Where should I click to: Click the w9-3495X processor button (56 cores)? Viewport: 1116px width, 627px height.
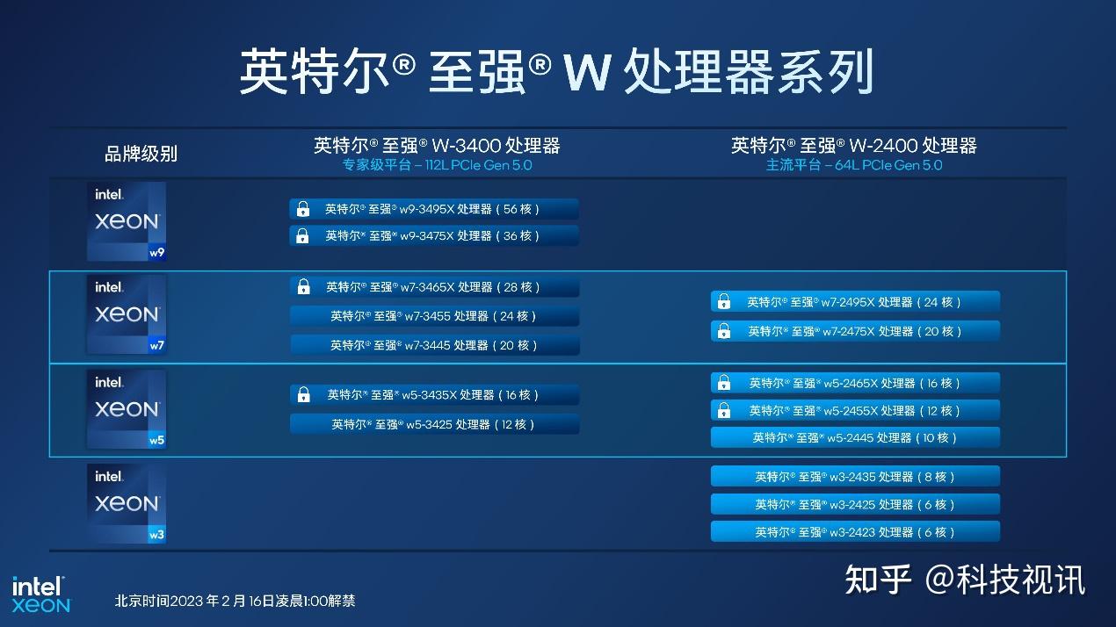pyautogui.click(x=434, y=209)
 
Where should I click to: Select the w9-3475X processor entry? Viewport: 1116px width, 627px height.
pyautogui.click(x=434, y=235)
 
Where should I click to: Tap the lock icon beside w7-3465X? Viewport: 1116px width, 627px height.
pyautogui.click(x=304, y=287)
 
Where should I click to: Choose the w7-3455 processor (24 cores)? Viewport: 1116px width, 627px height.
pyautogui.click(x=434, y=316)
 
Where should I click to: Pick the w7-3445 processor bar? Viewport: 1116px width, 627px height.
pyautogui.click(x=434, y=345)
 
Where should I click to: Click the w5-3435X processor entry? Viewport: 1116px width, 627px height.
pyautogui.click(x=434, y=395)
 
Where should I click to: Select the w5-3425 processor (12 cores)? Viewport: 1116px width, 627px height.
pyautogui.click(x=434, y=424)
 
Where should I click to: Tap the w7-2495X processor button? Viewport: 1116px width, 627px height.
pyautogui.click(x=855, y=302)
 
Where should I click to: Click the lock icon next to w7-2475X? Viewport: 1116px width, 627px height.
pyautogui.click(x=724, y=332)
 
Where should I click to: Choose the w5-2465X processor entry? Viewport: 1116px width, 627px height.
pyautogui.click(x=855, y=383)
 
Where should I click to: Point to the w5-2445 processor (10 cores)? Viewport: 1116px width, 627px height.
pyautogui.click(x=855, y=437)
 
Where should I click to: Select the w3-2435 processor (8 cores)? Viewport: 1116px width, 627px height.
pyautogui.click(x=855, y=477)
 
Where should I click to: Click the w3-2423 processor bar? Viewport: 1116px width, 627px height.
pyautogui.click(x=855, y=532)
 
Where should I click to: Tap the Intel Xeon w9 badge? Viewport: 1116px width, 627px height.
pyautogui.click(x=127, y=221)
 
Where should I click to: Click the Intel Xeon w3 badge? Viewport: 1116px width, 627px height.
pyautogui.click(x=127, y=503)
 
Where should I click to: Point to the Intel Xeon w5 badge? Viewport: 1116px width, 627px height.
pyautogui.click(x=127, y=409)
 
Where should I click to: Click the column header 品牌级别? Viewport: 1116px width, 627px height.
pyautogui.click(x=141, y=154)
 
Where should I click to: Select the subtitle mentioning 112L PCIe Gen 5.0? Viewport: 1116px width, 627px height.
pyautogui.click(x=437, y=165)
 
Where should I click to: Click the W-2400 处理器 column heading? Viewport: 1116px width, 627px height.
pyautogui.click(x=853, y=145)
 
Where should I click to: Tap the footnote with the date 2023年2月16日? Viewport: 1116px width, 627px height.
pyautogui.click(x=235, y=602)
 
